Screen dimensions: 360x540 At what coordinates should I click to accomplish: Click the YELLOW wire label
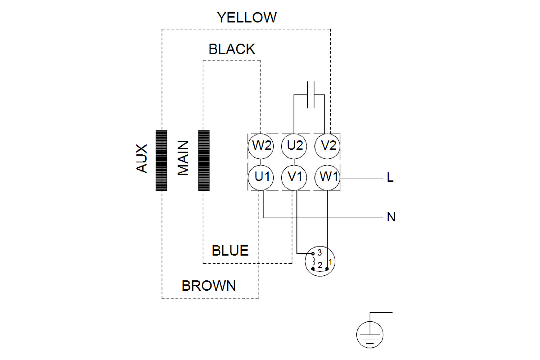[247, 17]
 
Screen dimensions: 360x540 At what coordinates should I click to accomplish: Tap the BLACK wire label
[232, 49]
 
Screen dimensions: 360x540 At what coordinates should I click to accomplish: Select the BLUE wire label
[230, 251]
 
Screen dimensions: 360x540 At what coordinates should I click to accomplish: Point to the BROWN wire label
[209, 286]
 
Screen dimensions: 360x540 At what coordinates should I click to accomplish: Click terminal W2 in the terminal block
[261, 146]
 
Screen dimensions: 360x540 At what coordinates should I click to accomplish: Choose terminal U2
[294, 146]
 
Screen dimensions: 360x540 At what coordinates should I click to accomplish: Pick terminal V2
[327, 146]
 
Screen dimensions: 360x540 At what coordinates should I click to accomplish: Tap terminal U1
[261, 177]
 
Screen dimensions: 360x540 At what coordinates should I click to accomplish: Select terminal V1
[294, 177]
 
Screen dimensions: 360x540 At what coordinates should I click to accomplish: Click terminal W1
[327, 177]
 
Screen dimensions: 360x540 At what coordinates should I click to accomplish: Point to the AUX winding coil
[161, 160]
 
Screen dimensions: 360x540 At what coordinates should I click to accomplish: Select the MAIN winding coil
[204, 160]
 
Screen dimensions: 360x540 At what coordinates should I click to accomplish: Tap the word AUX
[142, 158]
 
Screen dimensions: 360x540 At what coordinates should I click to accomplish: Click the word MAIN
[183, 158]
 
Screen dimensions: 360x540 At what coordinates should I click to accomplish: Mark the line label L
[390, 178]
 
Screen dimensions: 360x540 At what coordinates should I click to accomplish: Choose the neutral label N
[391, 217]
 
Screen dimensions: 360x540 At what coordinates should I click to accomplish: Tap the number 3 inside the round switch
[320, 253]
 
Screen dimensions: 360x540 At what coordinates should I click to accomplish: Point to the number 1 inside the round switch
[330, 262]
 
